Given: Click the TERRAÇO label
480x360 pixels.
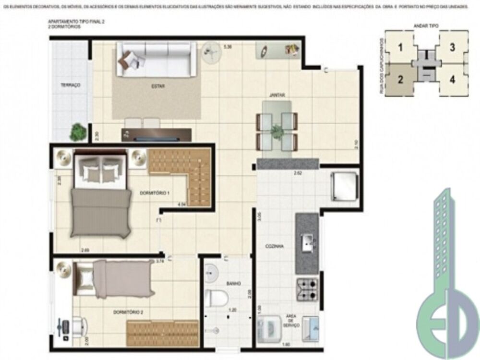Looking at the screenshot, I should point(70,85).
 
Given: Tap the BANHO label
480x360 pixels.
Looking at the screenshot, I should point(233,284).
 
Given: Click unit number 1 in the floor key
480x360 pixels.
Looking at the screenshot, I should point(400,47).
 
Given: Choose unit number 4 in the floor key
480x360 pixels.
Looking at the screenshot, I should point(452,79).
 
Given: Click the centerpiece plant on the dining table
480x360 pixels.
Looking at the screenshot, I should point(276,131).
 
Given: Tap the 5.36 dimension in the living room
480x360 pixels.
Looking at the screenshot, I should point(228,47).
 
